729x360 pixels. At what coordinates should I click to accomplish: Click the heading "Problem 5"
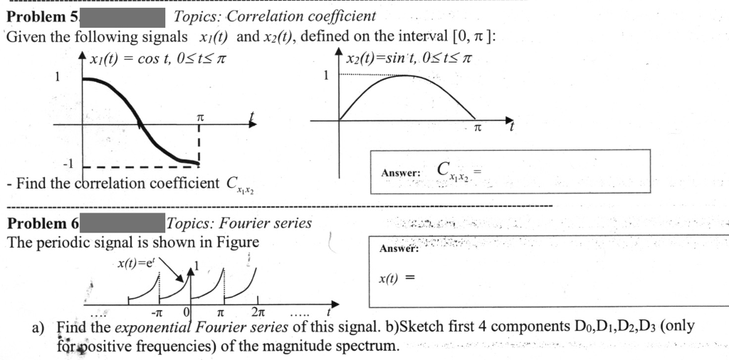[42, 16]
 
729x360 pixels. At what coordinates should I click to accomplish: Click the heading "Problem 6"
[43, 223]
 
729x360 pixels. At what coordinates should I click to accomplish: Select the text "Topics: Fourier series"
[239, 223]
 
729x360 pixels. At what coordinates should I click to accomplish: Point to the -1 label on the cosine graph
[66, 162]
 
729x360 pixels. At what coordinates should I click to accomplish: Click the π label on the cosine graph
[199, 115]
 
